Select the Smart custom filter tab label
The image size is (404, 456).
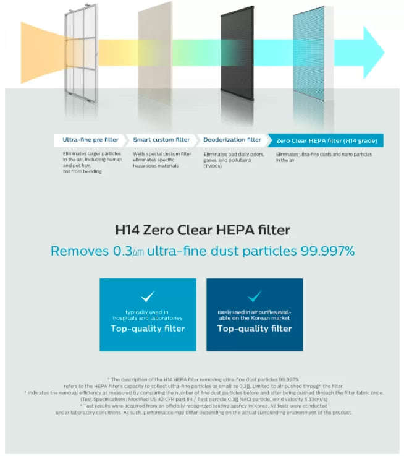coord(161,140)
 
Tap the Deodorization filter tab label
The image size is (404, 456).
coord(232,140)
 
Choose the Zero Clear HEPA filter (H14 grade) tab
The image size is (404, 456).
coord(326,140)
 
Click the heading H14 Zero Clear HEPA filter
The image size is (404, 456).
coord(203,230)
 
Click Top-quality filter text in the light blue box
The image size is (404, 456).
coord(148,329)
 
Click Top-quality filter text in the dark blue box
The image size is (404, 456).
coord(254,329)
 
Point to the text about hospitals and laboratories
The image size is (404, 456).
coord(148,314)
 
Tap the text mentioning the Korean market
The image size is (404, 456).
coord(254,314)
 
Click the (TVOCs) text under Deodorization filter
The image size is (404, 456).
coord(212,166)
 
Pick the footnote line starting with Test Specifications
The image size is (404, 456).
coord(203,399)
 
